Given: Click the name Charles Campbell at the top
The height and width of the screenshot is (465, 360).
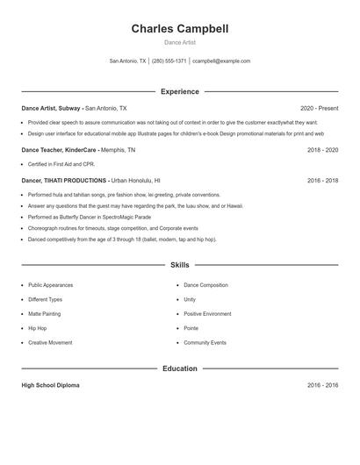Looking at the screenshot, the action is point(180,29).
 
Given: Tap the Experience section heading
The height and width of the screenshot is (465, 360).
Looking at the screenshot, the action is point(180,91).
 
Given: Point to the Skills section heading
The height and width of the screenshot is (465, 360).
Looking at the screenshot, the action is point(180,264).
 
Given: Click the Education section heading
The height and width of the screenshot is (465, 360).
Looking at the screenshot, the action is point(180,368).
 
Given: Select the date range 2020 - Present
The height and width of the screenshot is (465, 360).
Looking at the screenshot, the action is point(319,108).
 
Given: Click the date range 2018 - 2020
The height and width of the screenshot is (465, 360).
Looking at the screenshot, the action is point(322,150).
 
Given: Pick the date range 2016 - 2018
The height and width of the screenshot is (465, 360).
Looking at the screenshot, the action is point(322,180).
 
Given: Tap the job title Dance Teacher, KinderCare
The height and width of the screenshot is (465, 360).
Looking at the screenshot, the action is point(59,150).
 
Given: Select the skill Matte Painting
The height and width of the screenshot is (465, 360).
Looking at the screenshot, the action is point(44,313).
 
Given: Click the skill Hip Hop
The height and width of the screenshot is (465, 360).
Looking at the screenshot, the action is point(38,328).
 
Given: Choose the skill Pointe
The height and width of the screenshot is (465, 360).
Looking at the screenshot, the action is point(191,328).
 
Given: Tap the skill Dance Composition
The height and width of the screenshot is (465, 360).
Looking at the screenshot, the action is point(205,285).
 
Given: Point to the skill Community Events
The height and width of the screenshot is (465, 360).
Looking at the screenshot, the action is point(205,342).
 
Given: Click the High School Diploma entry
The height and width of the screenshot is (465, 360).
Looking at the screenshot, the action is point(51,385).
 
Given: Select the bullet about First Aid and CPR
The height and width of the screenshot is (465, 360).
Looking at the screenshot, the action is point(61,164).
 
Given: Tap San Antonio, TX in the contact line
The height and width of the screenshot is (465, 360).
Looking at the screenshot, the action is point(128,61).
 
